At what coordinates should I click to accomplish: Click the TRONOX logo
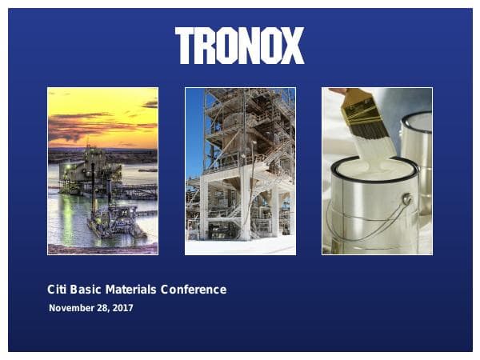[x=239, y=46]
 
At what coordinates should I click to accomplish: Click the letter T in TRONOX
[x=184, y=46]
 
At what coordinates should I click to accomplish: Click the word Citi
[x=58, y=290]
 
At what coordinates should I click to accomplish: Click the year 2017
[x=122, y=308]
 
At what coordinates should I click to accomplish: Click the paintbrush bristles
[x=369, y=128]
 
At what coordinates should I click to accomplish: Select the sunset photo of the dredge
[x=102, y=171]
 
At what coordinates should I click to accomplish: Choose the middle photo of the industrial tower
[x=240, y=171]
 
